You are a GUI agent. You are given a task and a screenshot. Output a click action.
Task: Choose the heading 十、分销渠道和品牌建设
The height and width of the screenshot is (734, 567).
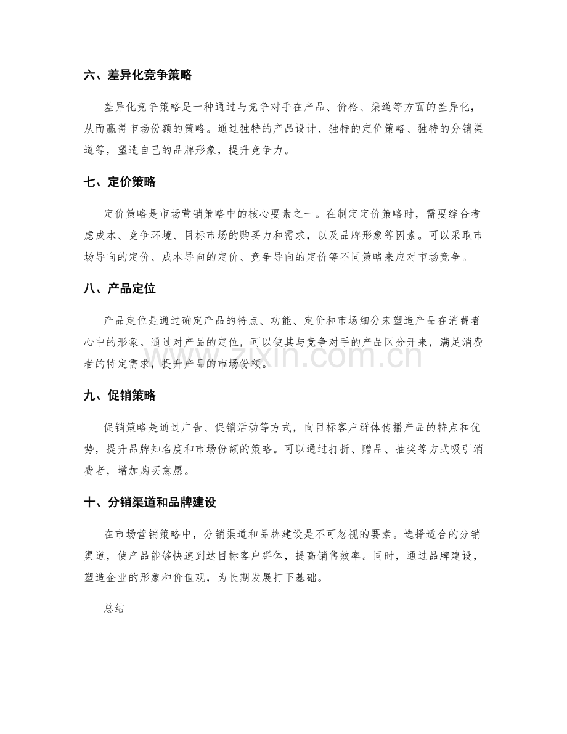pos(149,502)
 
